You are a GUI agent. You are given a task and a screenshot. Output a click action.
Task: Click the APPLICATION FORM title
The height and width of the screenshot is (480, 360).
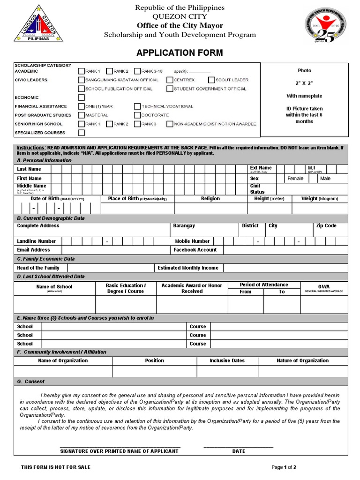tap(180, 52)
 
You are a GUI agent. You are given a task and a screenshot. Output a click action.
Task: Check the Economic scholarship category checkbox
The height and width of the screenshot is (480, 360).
tap(82, 97)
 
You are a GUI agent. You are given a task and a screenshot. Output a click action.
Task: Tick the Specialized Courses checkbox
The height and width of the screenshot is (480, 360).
tap(82, 133)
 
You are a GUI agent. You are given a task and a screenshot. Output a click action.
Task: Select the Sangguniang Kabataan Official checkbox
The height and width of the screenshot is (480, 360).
tap(82, 80)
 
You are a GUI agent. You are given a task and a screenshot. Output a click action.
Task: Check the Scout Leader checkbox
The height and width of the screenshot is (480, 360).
tap(212, 80)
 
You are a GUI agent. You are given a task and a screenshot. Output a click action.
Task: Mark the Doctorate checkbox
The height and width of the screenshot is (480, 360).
tap(137, 115)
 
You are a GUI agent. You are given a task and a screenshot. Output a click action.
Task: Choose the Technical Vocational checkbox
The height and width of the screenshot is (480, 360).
tap(137, 106)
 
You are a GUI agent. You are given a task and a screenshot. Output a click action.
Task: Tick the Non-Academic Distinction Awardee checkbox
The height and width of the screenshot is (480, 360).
tap(170, 124)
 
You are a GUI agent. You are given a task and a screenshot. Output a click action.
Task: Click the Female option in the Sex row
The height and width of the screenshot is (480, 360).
tap(295, 179)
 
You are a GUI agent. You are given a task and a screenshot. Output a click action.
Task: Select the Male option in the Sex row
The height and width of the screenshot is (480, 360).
tap(325, 179)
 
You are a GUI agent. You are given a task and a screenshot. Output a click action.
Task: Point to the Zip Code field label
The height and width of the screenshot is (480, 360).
tap(326, 226)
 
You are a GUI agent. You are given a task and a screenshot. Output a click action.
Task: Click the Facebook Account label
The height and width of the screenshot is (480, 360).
tap(195, 250)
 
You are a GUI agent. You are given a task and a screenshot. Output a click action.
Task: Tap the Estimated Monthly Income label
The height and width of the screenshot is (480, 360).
tap(188, 268)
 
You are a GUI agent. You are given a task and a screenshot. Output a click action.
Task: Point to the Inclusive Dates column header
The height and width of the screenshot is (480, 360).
tap(227, 361)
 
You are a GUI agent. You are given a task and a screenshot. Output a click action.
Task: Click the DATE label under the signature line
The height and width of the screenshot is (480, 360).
tap(239, 451)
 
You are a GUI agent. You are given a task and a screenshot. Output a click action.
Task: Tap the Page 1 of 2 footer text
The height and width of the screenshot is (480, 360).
tap(284, 467)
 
